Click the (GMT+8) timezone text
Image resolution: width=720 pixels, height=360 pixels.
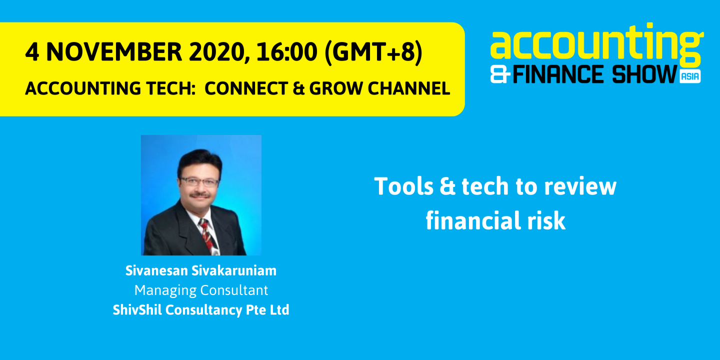click(x=373, y=52)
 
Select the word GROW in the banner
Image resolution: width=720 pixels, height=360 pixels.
click(x=337, y=88)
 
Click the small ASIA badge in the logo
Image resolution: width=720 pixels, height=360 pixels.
click(x=690, y=76)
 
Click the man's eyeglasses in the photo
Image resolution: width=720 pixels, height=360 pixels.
click(x=199, y=181)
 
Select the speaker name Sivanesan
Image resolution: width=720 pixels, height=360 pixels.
click(x=157, y=271)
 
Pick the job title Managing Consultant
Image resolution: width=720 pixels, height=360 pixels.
click(x=201, y=290)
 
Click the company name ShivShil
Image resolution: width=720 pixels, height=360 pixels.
click(x=137, y=310)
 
